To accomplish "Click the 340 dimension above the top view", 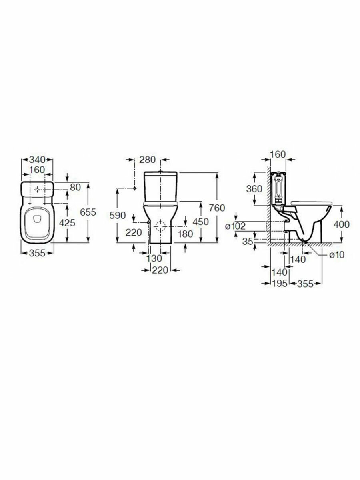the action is coord(37,160).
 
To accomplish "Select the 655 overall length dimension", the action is coord(88,212).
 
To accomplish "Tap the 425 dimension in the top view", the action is coord(67,223).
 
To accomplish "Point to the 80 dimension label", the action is coord(76,187).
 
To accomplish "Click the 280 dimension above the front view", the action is coord(148,160).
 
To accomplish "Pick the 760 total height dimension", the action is coord(217,208).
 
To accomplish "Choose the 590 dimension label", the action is coord(118,216).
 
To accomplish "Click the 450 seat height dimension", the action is coord(201,222).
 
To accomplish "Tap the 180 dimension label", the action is coord(185,234).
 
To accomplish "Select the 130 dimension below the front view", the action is coord(154,258).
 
